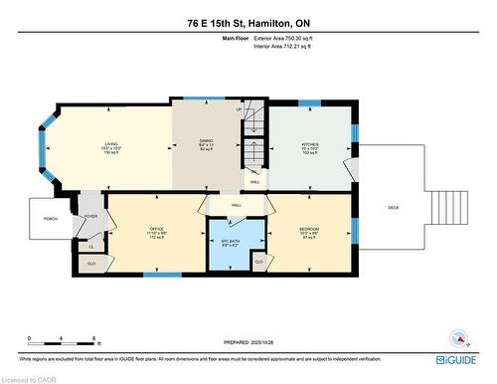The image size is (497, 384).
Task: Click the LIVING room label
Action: coord(110,145)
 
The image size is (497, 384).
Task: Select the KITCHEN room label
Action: coord(310,145)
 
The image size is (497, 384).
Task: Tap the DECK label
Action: coord(395,207)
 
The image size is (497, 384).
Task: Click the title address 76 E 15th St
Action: coord(248,22)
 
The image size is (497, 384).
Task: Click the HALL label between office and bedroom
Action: coord(237,205)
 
